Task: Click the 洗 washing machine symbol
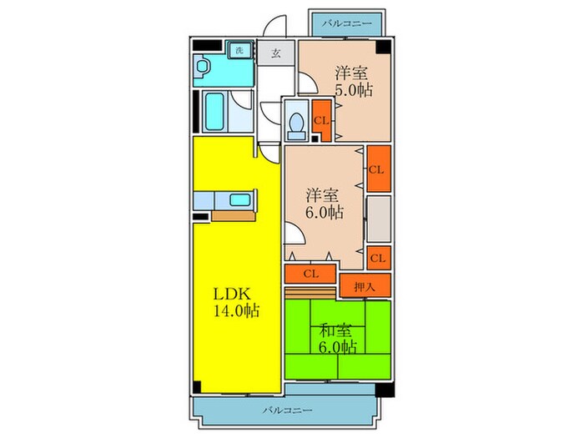pyautogui.click(x=239, y=50)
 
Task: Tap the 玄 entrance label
pyautogui.click(x=275, y=53)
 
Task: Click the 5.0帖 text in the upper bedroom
pyautogui.click(x=355, y=90)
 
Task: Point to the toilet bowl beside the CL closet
pyautogui.click(x=297, y=125)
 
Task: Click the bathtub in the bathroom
pyautogui.click(x=215, y=111)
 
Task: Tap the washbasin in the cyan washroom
pyautogui.click(x=202, y=67)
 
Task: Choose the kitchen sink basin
pyautogui.click(x=240, y=200)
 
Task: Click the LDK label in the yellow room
pyautogui.click(x=232, y=295)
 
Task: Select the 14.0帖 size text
pyautogui.click(x=236, y=310)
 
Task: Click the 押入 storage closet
pyautogui.click(x=365, y=285)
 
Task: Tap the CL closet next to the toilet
pyautogui.click(x=321, y=120)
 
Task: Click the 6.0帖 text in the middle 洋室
pyautogui.click(x=325, y=212)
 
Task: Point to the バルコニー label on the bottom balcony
pyautogui.click(x=287, y=410)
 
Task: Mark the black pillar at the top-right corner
pyautogui.click(x=383, y=47)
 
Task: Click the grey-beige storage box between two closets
pyautogui.click(x=379, y=219)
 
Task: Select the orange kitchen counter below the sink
pyautogui.click(x=234, y=216)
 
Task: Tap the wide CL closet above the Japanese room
pyautogui.click(x=310, y=274)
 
